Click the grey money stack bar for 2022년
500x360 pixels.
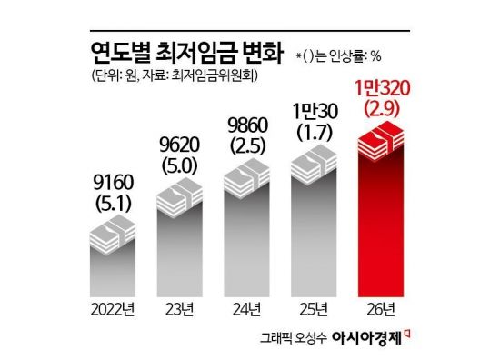[113, 259]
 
